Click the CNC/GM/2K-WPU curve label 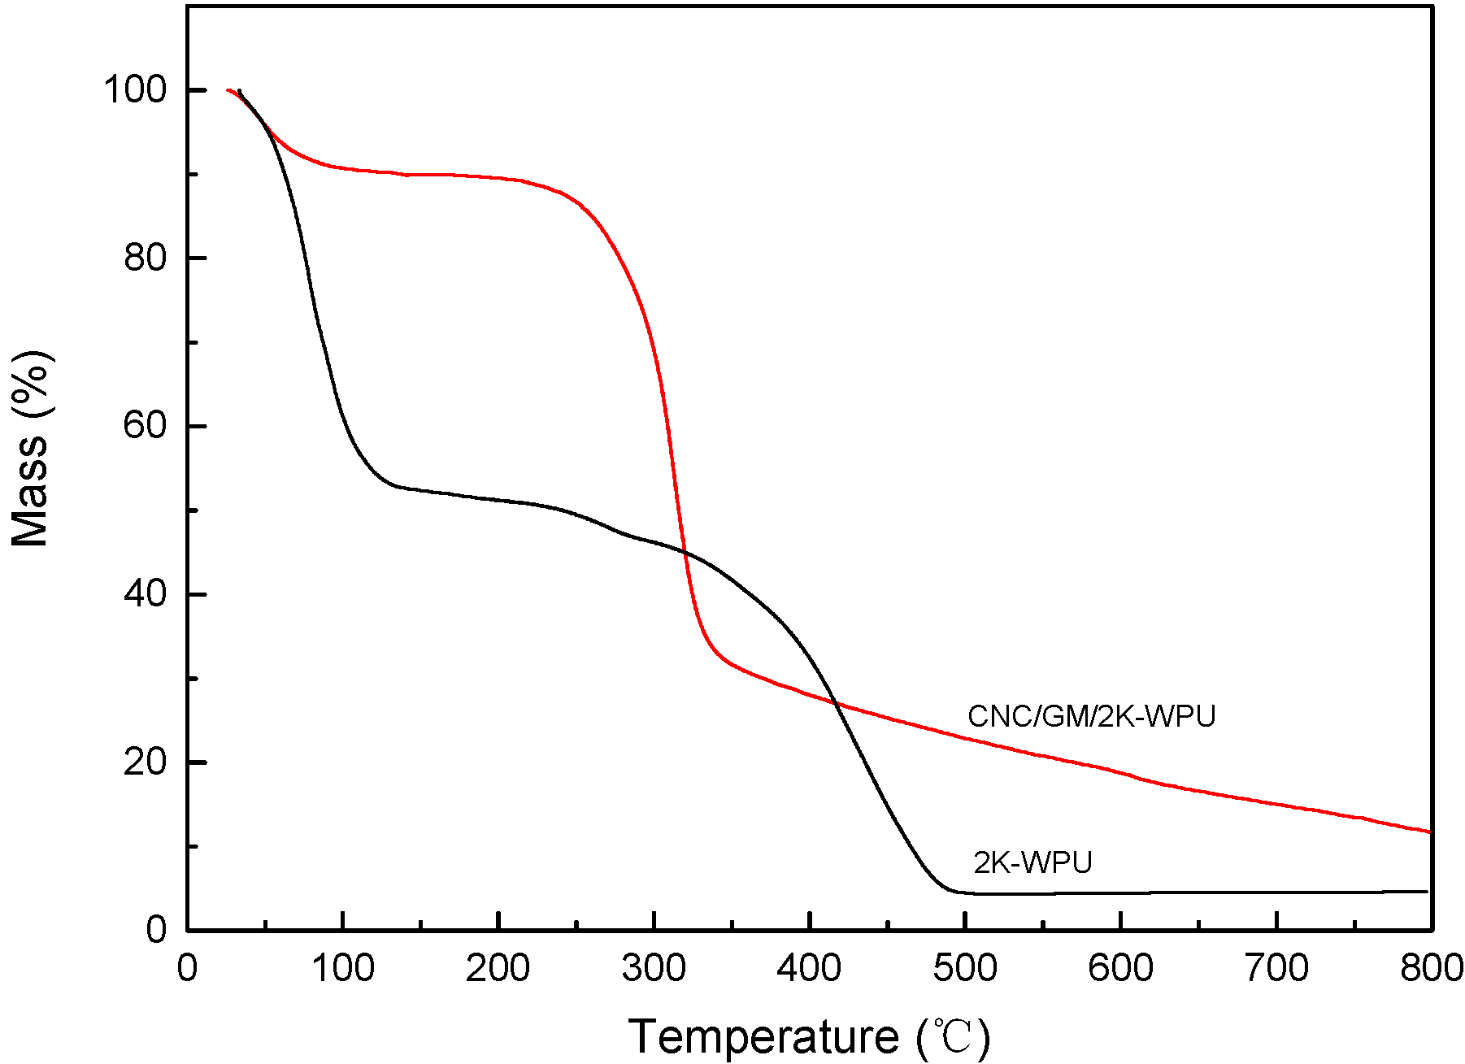coord(1091,716)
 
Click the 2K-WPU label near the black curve coord(1032,862)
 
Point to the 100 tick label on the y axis coord(134,89)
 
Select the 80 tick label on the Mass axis coord(145,258)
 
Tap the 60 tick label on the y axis coord(145,425)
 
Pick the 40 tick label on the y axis coord(145,594)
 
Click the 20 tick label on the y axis coord(145,762)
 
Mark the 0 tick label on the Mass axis coord(156,930)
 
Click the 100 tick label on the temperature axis coord(343,969)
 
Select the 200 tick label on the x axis coord(498,969)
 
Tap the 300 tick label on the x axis coord(654,969)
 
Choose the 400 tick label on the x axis coord(810,969)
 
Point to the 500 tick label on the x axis coord(965,969)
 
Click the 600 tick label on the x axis coord(1121,969)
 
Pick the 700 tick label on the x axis coord(1276,969)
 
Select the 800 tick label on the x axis coord(1431,969)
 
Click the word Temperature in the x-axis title coord(764,1037)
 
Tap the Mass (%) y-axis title coord(31,449)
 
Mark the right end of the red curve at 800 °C coord(1428,832)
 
